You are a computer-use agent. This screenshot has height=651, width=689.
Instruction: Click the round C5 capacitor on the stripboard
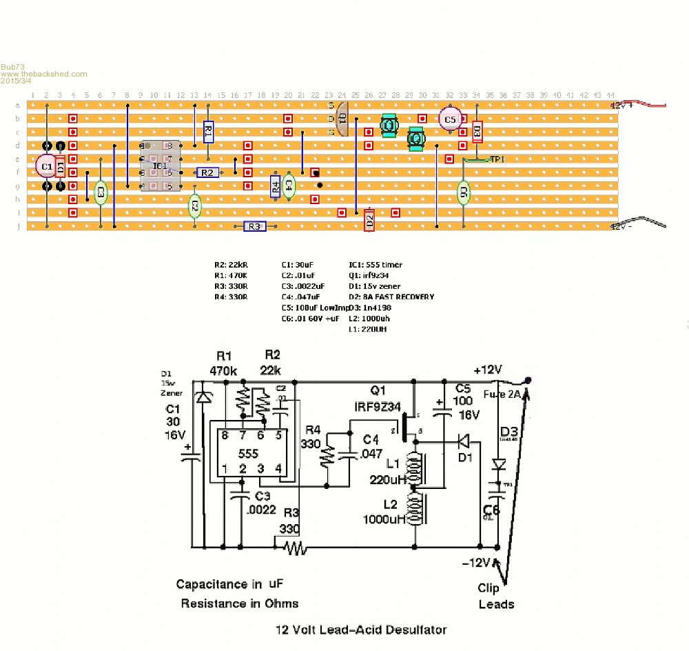click(x=449, y=119)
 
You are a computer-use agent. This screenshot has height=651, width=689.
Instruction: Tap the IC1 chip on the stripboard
click(x=159, y=166)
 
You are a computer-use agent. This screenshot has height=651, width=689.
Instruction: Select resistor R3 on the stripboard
click(x=254, y=226)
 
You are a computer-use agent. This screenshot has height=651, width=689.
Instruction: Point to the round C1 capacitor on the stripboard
click(x=46, y=166)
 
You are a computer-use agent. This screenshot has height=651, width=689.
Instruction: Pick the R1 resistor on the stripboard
click(x=208, y=131)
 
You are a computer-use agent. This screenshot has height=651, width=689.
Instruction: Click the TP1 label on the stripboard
click(x=496, y=159)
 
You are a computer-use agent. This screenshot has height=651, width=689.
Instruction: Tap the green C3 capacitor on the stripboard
click(x=101, y=193)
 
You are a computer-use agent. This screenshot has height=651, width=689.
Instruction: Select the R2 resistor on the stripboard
click(x=207, y=172)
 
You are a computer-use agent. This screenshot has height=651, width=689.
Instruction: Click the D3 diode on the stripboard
click(x=477, y=131)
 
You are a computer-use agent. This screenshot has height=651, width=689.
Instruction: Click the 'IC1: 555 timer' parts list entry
click(x=376, y=265)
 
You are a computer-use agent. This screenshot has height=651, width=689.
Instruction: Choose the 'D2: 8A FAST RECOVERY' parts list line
click(x=391, y=297)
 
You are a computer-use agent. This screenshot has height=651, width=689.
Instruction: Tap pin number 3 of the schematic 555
click(x=261, y=469)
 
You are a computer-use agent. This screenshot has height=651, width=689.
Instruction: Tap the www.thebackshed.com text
click(x=44, y=74)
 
